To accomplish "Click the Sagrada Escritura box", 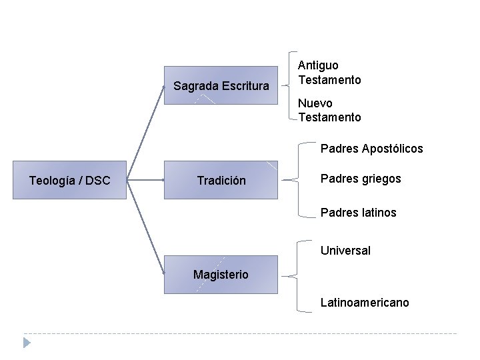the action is (x=221, y=85).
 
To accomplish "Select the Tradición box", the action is (x=221, y=180).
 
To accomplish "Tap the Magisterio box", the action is (x=221, y=274).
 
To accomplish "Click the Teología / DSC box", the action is (x=69, y=180).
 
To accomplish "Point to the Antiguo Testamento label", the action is (x=329, y=73).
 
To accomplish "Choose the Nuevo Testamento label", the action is (x=329, y=111).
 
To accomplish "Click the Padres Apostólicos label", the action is (x=371, y=149).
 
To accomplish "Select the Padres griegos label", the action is (x=361, y=179).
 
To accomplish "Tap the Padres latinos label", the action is (x=358, y=213).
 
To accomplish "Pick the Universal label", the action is (x=345, y=251).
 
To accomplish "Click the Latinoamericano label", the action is (x=365, y=303).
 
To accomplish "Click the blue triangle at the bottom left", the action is (x=27, y=343).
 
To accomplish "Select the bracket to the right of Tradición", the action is (x=293, y=179).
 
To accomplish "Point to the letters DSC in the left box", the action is (x=98, y=180).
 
